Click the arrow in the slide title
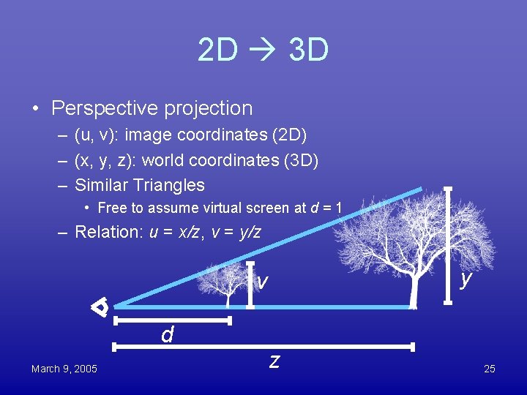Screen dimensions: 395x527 pos(263,51)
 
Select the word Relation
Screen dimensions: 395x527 pos(108,232)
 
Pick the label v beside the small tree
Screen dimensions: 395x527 pos(262,281)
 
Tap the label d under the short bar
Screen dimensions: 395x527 pos(168,335)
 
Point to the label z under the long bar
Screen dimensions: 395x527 pos(274,360)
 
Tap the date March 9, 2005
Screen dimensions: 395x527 pos(64,369)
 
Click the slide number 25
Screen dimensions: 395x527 pos(490,369)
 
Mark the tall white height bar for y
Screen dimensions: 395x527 pos(448,245)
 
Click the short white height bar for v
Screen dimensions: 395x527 pos(251,285)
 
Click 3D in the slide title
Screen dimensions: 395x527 pos(308,51)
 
